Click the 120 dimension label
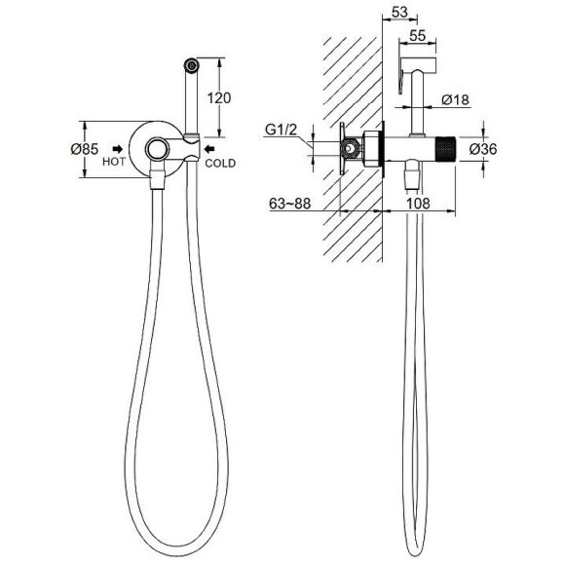point(219,97)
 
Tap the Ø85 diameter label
point(85,149)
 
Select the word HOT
point(114,162)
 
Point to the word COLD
point(220,164)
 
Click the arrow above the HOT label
point(118,149)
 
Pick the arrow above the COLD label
point(209,148)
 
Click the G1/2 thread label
point(282,130)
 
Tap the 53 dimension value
point(399,12)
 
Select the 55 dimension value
point(418,36)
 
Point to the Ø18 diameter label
point(456,99)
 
